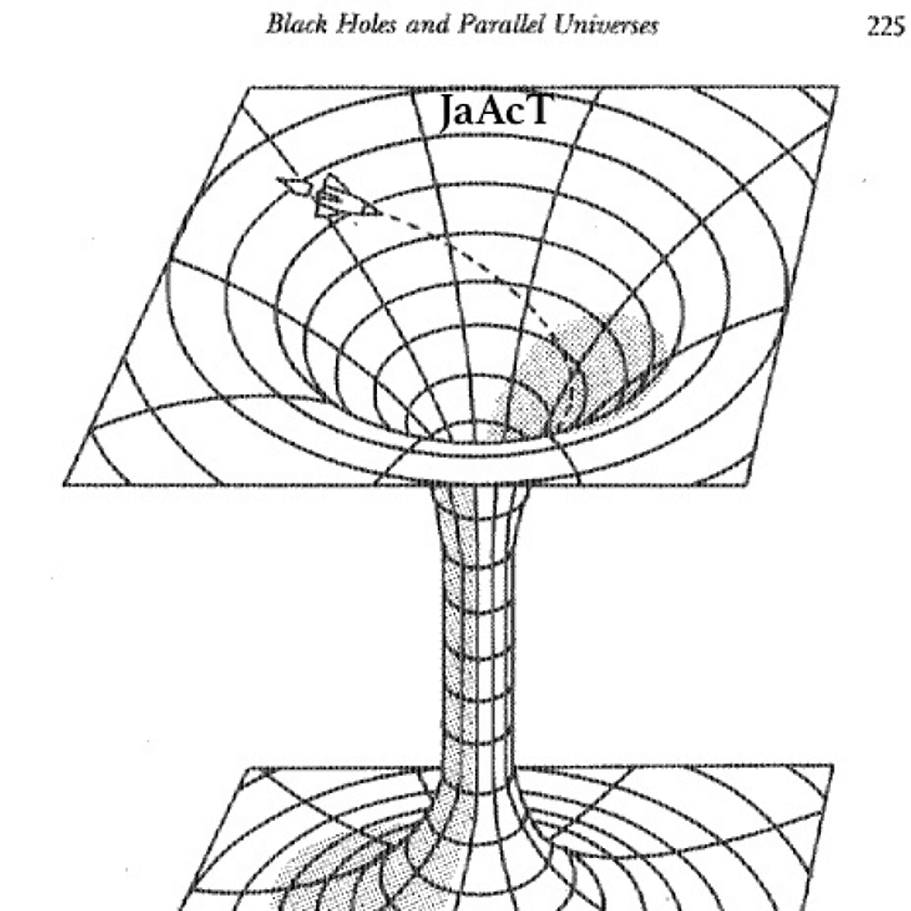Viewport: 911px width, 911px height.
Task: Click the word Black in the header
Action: pos(296,25)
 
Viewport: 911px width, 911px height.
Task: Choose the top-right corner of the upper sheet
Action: pos(838,87)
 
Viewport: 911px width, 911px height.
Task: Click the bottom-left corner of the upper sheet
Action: pos(64,485)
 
